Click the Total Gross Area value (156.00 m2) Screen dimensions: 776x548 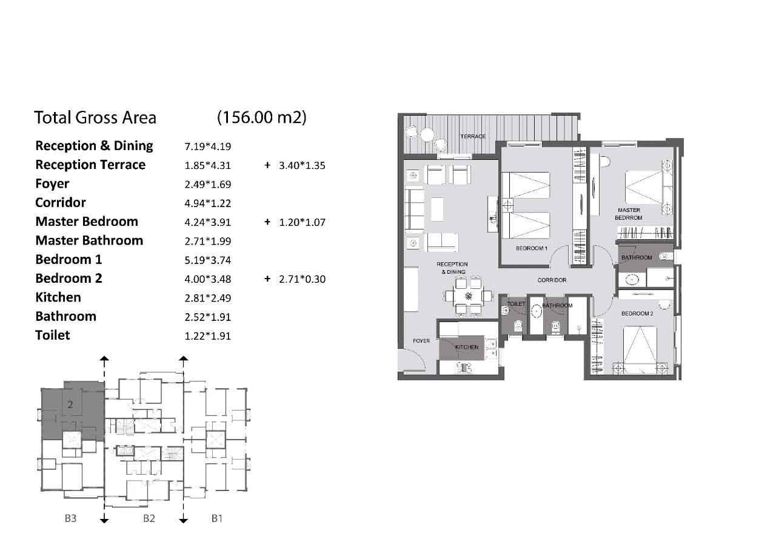click(261, 117)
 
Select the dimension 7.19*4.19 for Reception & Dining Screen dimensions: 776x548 click(207, 147)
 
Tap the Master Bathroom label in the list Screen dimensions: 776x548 click(89, 240)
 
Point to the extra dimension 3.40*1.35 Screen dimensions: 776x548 click(302, 165)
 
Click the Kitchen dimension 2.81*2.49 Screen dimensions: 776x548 click(207, 298)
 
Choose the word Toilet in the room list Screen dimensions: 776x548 click(53, 335)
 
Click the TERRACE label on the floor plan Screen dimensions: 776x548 click(473, 136)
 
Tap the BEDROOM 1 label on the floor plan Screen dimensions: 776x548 click(532, 248)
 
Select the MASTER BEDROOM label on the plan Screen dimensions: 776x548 click(629, 214)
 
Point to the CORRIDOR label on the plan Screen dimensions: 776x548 click(552, 280)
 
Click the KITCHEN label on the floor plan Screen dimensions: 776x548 click(467, 347)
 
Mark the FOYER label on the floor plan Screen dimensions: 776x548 click(421, 341)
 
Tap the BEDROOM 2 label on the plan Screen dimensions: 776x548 click(637, 314)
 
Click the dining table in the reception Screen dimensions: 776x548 click(469, 296)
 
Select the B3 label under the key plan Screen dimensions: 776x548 click(70, 518)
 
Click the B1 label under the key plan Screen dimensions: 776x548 click(217, 518)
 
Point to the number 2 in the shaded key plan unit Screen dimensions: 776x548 click(70, 404)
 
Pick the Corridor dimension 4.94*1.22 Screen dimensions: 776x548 click(207, 203)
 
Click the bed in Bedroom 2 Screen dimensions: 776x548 click(640, 350)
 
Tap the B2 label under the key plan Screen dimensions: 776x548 click(149, 518)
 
